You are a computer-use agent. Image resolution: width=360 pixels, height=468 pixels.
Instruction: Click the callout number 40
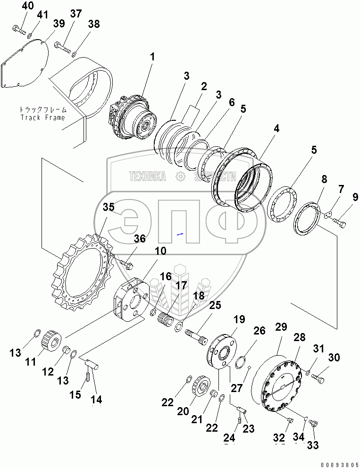pyautogui.click(x=28, y=6)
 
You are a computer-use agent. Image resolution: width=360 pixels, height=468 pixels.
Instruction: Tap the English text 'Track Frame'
pyautogui.click(x=42, y=117)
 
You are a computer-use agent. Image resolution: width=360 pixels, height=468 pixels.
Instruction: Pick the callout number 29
pyautogui.click(x=281, y=327)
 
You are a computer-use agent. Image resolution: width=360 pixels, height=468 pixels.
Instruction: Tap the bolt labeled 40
pyautogui.click(x=18, y=30)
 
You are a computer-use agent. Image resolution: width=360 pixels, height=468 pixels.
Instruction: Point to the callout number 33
pyautogui.click(x=313, y=444)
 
